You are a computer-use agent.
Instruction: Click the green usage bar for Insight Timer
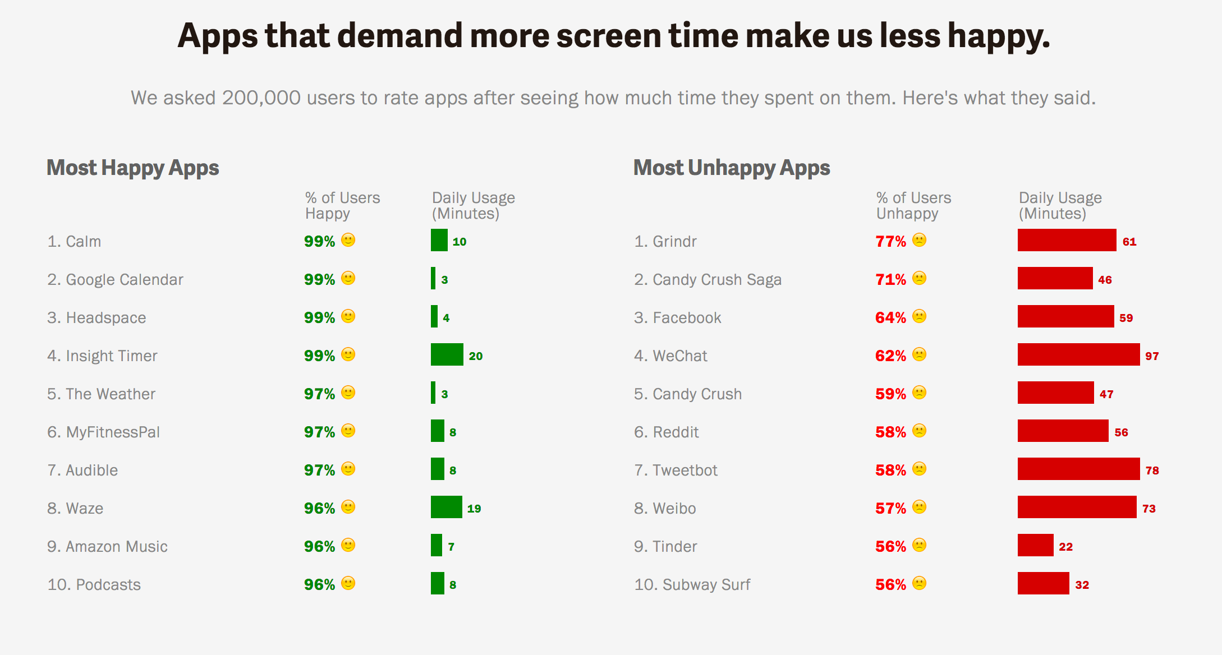[447, 354]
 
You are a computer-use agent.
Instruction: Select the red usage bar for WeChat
[1078, 354]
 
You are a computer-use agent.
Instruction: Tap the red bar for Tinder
[1035, 545]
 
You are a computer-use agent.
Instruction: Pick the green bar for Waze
[446, 507]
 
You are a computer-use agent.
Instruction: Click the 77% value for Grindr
[890, 241]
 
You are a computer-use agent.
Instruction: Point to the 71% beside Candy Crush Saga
[890, 279]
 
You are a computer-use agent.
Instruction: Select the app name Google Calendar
[124, 279]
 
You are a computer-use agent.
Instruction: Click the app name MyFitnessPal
[113, 432]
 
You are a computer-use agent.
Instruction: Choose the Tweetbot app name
[684, 470]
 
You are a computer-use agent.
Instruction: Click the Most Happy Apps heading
[132, 168]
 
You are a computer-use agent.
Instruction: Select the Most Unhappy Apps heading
[732, 168]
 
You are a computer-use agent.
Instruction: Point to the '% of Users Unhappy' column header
[913, 205]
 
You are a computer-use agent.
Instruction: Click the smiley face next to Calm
[348, 240]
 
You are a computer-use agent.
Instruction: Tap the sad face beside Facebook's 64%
[919, 316]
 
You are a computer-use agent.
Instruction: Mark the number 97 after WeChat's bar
[1152, 356]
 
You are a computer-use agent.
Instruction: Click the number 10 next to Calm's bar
[460, 242]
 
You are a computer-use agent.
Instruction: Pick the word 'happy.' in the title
[999, 36]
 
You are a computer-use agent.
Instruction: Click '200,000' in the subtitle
[261, 98]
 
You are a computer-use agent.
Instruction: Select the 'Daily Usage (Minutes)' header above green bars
[473, 205]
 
